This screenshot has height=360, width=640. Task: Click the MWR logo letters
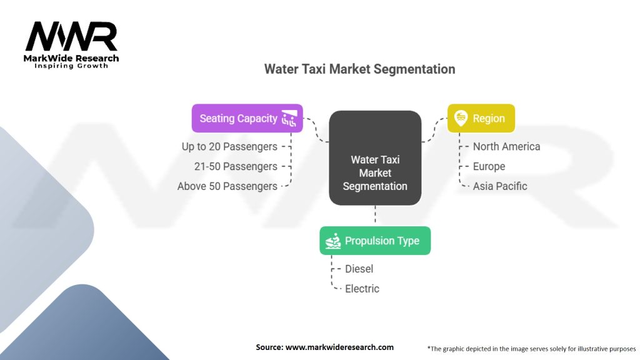(71, 37)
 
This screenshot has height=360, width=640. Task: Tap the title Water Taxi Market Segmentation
(359, 69)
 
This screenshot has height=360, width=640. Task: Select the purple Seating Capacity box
(247, 118)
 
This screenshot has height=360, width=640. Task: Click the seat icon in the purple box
(289, 118)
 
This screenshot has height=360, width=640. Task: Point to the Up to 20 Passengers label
(229, 146)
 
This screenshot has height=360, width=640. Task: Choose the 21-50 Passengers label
(236, 166)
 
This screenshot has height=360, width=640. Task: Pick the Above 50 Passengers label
(227, 186)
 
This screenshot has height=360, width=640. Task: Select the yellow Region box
(481, 118)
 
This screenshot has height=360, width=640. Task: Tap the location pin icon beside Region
(461, 118)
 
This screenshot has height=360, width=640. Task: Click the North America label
(506, 146)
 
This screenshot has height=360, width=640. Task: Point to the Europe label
(489, 166)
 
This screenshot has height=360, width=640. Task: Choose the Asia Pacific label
(500, 186)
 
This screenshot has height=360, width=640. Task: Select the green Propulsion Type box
(375, 241)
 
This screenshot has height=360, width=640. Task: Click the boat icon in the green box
(333, 241)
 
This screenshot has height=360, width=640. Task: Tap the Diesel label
(359, 269)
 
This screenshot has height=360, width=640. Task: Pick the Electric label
(362, 289)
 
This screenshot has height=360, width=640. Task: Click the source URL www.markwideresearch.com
(339, 347)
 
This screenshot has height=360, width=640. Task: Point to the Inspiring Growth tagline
(71, 66)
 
